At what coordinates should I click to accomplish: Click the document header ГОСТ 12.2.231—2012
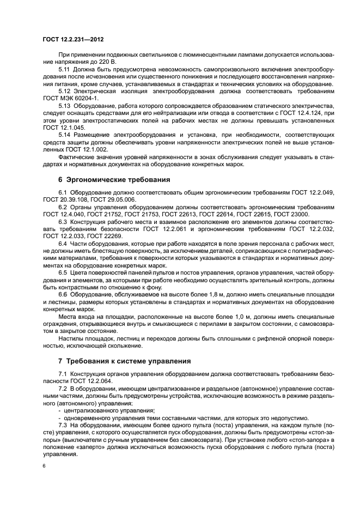click(x=74, y=40)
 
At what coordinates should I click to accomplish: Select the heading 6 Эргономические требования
click(x=114, y=179)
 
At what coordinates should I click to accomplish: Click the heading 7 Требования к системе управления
click(x=124, y=361)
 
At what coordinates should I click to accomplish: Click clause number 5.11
click(x=64, y=70)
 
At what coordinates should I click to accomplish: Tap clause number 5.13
click(x=64, y=106)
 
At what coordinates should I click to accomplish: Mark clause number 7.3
click(x=62, y=424)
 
